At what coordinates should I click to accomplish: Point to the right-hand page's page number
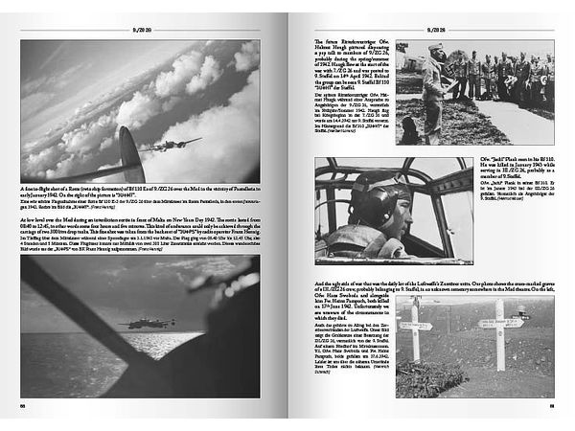point(552,405)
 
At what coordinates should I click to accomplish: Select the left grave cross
point(414,330)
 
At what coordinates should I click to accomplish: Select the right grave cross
point(500,330)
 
